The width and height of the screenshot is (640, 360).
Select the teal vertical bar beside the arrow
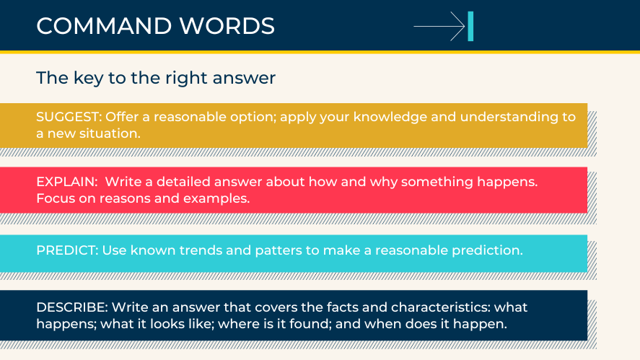(470, 27)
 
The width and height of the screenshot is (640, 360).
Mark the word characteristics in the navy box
(431, 307)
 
